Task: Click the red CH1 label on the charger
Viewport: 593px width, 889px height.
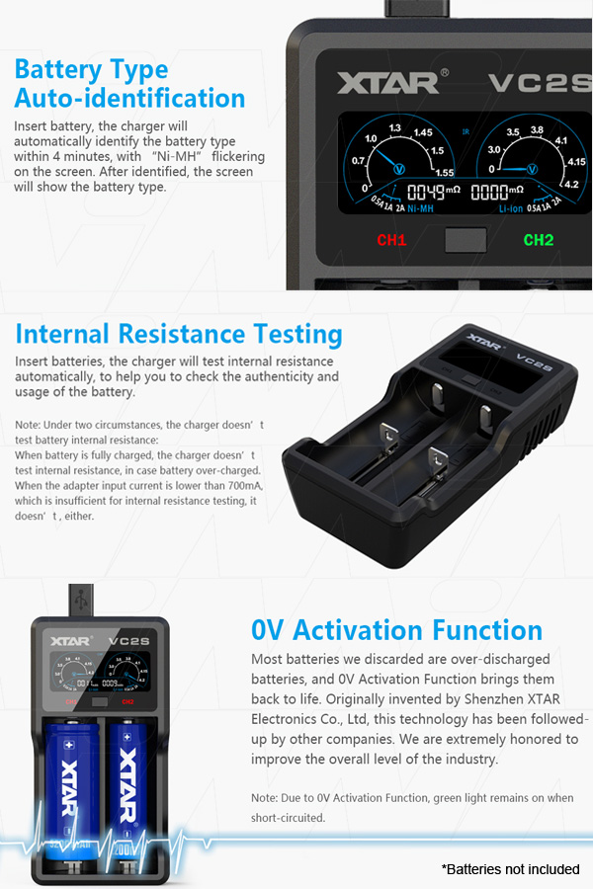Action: click(x=391, y=240)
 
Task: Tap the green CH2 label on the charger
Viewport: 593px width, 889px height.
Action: click(x=538, y=240)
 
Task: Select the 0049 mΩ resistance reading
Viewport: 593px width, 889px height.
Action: click(x=434, y=193)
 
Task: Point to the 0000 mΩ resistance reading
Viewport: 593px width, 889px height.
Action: click(x=497, y=193)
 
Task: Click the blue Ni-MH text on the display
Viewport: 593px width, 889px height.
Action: click(x=420, y=208)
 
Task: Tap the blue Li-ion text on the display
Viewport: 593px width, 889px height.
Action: click(x=511, y=208)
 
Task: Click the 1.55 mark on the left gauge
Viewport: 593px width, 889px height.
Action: click(x=445, y=172)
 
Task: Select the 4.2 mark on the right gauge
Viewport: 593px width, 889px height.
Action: click(x=571, y=184)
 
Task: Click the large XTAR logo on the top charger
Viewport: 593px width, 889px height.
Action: click(x=388, y=83)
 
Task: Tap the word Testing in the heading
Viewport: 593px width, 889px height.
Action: click(x=297, y=335)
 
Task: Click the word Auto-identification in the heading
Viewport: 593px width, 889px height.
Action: click(x=129, y=98)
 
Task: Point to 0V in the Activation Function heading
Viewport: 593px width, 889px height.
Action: click(x=267, y=630)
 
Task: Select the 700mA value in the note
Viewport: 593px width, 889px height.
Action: click(x=246, y=486)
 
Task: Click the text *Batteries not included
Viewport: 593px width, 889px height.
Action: click(x=510, y=869)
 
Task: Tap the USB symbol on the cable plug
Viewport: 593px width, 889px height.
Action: click(x=81, y=600)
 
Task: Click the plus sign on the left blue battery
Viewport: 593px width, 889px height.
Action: click(x=70, y=745)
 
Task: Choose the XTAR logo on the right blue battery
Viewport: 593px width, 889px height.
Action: click(x=128, y=784)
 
